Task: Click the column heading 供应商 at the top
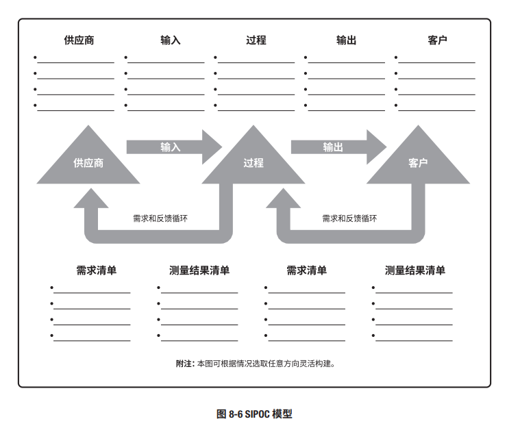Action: pos(79,40)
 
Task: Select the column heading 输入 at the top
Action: pos(170,40)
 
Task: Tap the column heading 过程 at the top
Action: pos(256,40)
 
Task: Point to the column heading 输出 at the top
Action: pos(346,40)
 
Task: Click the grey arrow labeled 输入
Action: pos(171,147)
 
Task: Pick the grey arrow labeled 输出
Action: pos(334,147)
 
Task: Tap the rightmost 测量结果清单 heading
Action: pos(415,270)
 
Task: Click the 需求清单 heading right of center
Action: pos(306,270)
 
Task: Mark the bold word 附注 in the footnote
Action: pos(184,364)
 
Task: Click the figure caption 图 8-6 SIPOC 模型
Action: pos(254,414)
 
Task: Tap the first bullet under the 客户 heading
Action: pos(397,58)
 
